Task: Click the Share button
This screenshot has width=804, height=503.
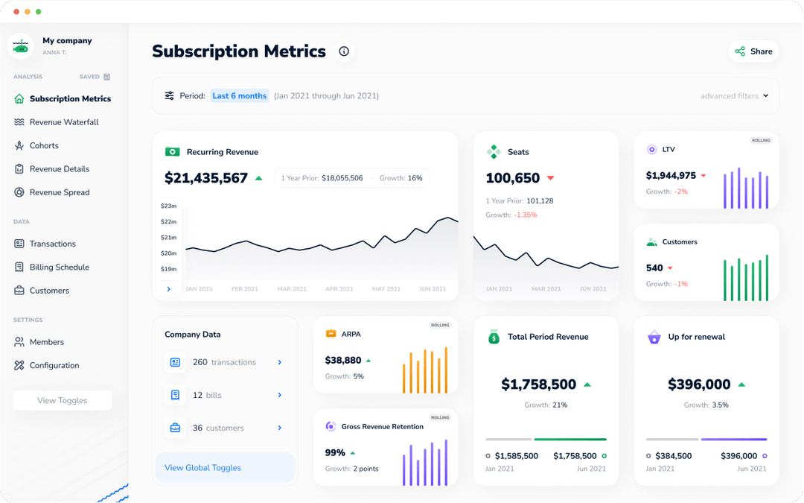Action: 753,51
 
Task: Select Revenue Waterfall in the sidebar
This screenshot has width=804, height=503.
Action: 64,122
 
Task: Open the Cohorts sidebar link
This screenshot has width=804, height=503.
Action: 44,145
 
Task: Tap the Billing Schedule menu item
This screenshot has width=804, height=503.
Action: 59,267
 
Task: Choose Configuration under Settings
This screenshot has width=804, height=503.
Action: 54,365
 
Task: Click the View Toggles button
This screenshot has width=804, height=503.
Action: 63,400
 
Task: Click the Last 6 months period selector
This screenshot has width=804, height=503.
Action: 239,96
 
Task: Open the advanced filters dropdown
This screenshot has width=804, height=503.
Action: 734,96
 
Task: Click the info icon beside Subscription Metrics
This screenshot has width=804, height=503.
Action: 344,51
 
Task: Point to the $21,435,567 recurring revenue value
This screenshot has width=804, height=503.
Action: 206,178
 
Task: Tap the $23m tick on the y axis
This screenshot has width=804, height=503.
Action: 168,206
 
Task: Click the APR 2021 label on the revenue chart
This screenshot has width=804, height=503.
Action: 339,288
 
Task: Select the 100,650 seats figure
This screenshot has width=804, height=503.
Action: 513,178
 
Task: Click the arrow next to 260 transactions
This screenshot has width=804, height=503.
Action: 280,362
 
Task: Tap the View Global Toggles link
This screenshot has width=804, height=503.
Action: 202,468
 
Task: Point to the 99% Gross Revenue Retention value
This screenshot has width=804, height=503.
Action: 335,452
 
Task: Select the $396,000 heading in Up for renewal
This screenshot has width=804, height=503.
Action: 699,385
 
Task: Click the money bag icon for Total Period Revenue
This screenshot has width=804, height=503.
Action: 494,337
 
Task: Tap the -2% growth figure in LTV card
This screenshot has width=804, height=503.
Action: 681,192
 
